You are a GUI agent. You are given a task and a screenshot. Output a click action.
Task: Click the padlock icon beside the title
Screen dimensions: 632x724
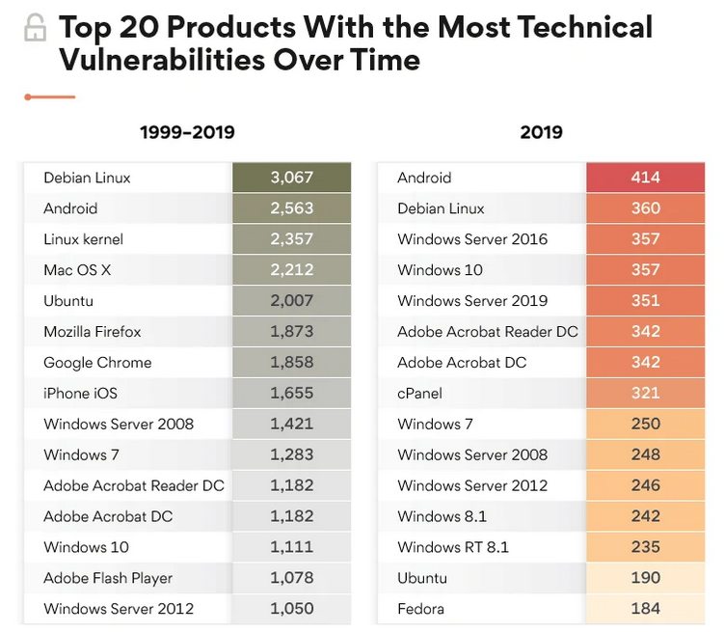pyautogui.click(x=36, y=29)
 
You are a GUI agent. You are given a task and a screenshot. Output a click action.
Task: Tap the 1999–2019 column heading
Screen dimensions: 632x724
pyautogui.click(x=187, y=132)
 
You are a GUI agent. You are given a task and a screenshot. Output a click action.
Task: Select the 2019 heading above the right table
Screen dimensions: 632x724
pyautogui.click(x=541, y=132)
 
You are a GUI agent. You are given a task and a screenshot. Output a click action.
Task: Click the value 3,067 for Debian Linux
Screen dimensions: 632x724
pyautogui.click(x=291, y=178)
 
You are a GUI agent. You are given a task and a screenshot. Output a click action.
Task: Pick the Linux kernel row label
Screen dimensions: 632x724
pyautogui.click(x=84, y=239)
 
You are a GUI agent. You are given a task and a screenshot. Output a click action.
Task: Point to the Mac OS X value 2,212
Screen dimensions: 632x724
pyautogui.click(x=291, y=270)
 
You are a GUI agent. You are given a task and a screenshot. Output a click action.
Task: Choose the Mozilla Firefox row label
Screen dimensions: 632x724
pyautogui.click(x=93, y=332)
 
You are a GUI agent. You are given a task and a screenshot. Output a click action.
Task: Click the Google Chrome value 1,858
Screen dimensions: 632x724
pyautogui.click(x=291, y=363)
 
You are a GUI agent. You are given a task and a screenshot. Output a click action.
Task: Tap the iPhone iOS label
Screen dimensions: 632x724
pyautogui.click(x=80, y=394)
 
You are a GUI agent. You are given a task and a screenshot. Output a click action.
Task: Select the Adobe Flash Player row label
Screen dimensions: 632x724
pyautogui.click(x=108, y=579)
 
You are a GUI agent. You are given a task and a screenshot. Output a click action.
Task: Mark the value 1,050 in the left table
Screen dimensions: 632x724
pyautogui.click(x=291, y=609)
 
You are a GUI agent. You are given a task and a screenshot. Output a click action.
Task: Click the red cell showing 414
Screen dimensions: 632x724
pyautogui.click(x=645, y=178)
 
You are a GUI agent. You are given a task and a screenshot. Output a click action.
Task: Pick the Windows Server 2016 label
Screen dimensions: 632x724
pyautogui.click(x=472, y=239)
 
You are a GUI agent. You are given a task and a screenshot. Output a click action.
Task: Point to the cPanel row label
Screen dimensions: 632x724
pyautogui.click(x=420, y=394)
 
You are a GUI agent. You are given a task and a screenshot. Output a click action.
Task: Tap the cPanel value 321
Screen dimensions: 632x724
pyautogui.click(x=645, y=394)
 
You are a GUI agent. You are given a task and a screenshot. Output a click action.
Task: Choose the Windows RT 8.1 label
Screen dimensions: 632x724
pyautogui.click(x=453, y=547)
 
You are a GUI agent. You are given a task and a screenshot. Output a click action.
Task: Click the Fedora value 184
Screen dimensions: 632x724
pyautogui.click(x=645, y=609)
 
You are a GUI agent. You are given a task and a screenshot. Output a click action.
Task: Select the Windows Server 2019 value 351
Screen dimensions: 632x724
pyautogui.click(x=645, y=301)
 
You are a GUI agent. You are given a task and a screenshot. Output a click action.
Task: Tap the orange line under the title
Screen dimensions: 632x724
pyautogui.click(x=50, y=96)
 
